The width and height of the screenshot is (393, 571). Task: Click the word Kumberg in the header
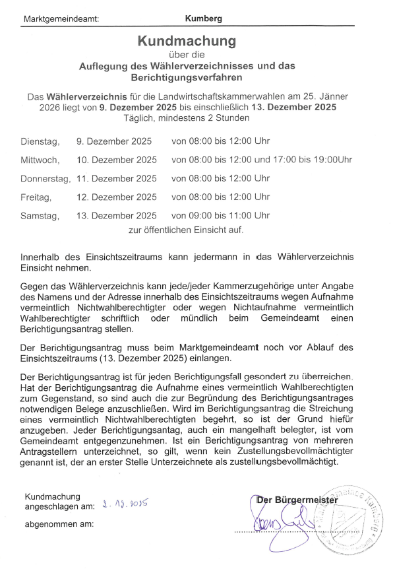coord(204,18)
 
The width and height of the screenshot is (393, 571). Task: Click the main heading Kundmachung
coord(186,42)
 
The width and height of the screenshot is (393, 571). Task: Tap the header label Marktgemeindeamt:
coord(61,18)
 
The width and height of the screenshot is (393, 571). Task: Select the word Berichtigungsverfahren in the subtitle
coord(187,77)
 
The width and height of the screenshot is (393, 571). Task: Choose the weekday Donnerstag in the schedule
coord(45,178)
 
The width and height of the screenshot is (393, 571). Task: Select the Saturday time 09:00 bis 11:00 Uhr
coord(220,215)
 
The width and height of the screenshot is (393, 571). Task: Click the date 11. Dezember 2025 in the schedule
coord(117,178)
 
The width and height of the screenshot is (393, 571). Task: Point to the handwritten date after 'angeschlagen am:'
coord(125,506)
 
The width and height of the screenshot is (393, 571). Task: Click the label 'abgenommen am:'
coord(59,525)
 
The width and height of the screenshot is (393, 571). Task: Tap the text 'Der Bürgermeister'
coord(297,500)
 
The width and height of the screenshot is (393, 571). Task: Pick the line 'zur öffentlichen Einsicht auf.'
coord(186,230)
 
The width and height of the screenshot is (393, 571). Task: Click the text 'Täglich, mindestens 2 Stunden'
coord(187,118)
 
